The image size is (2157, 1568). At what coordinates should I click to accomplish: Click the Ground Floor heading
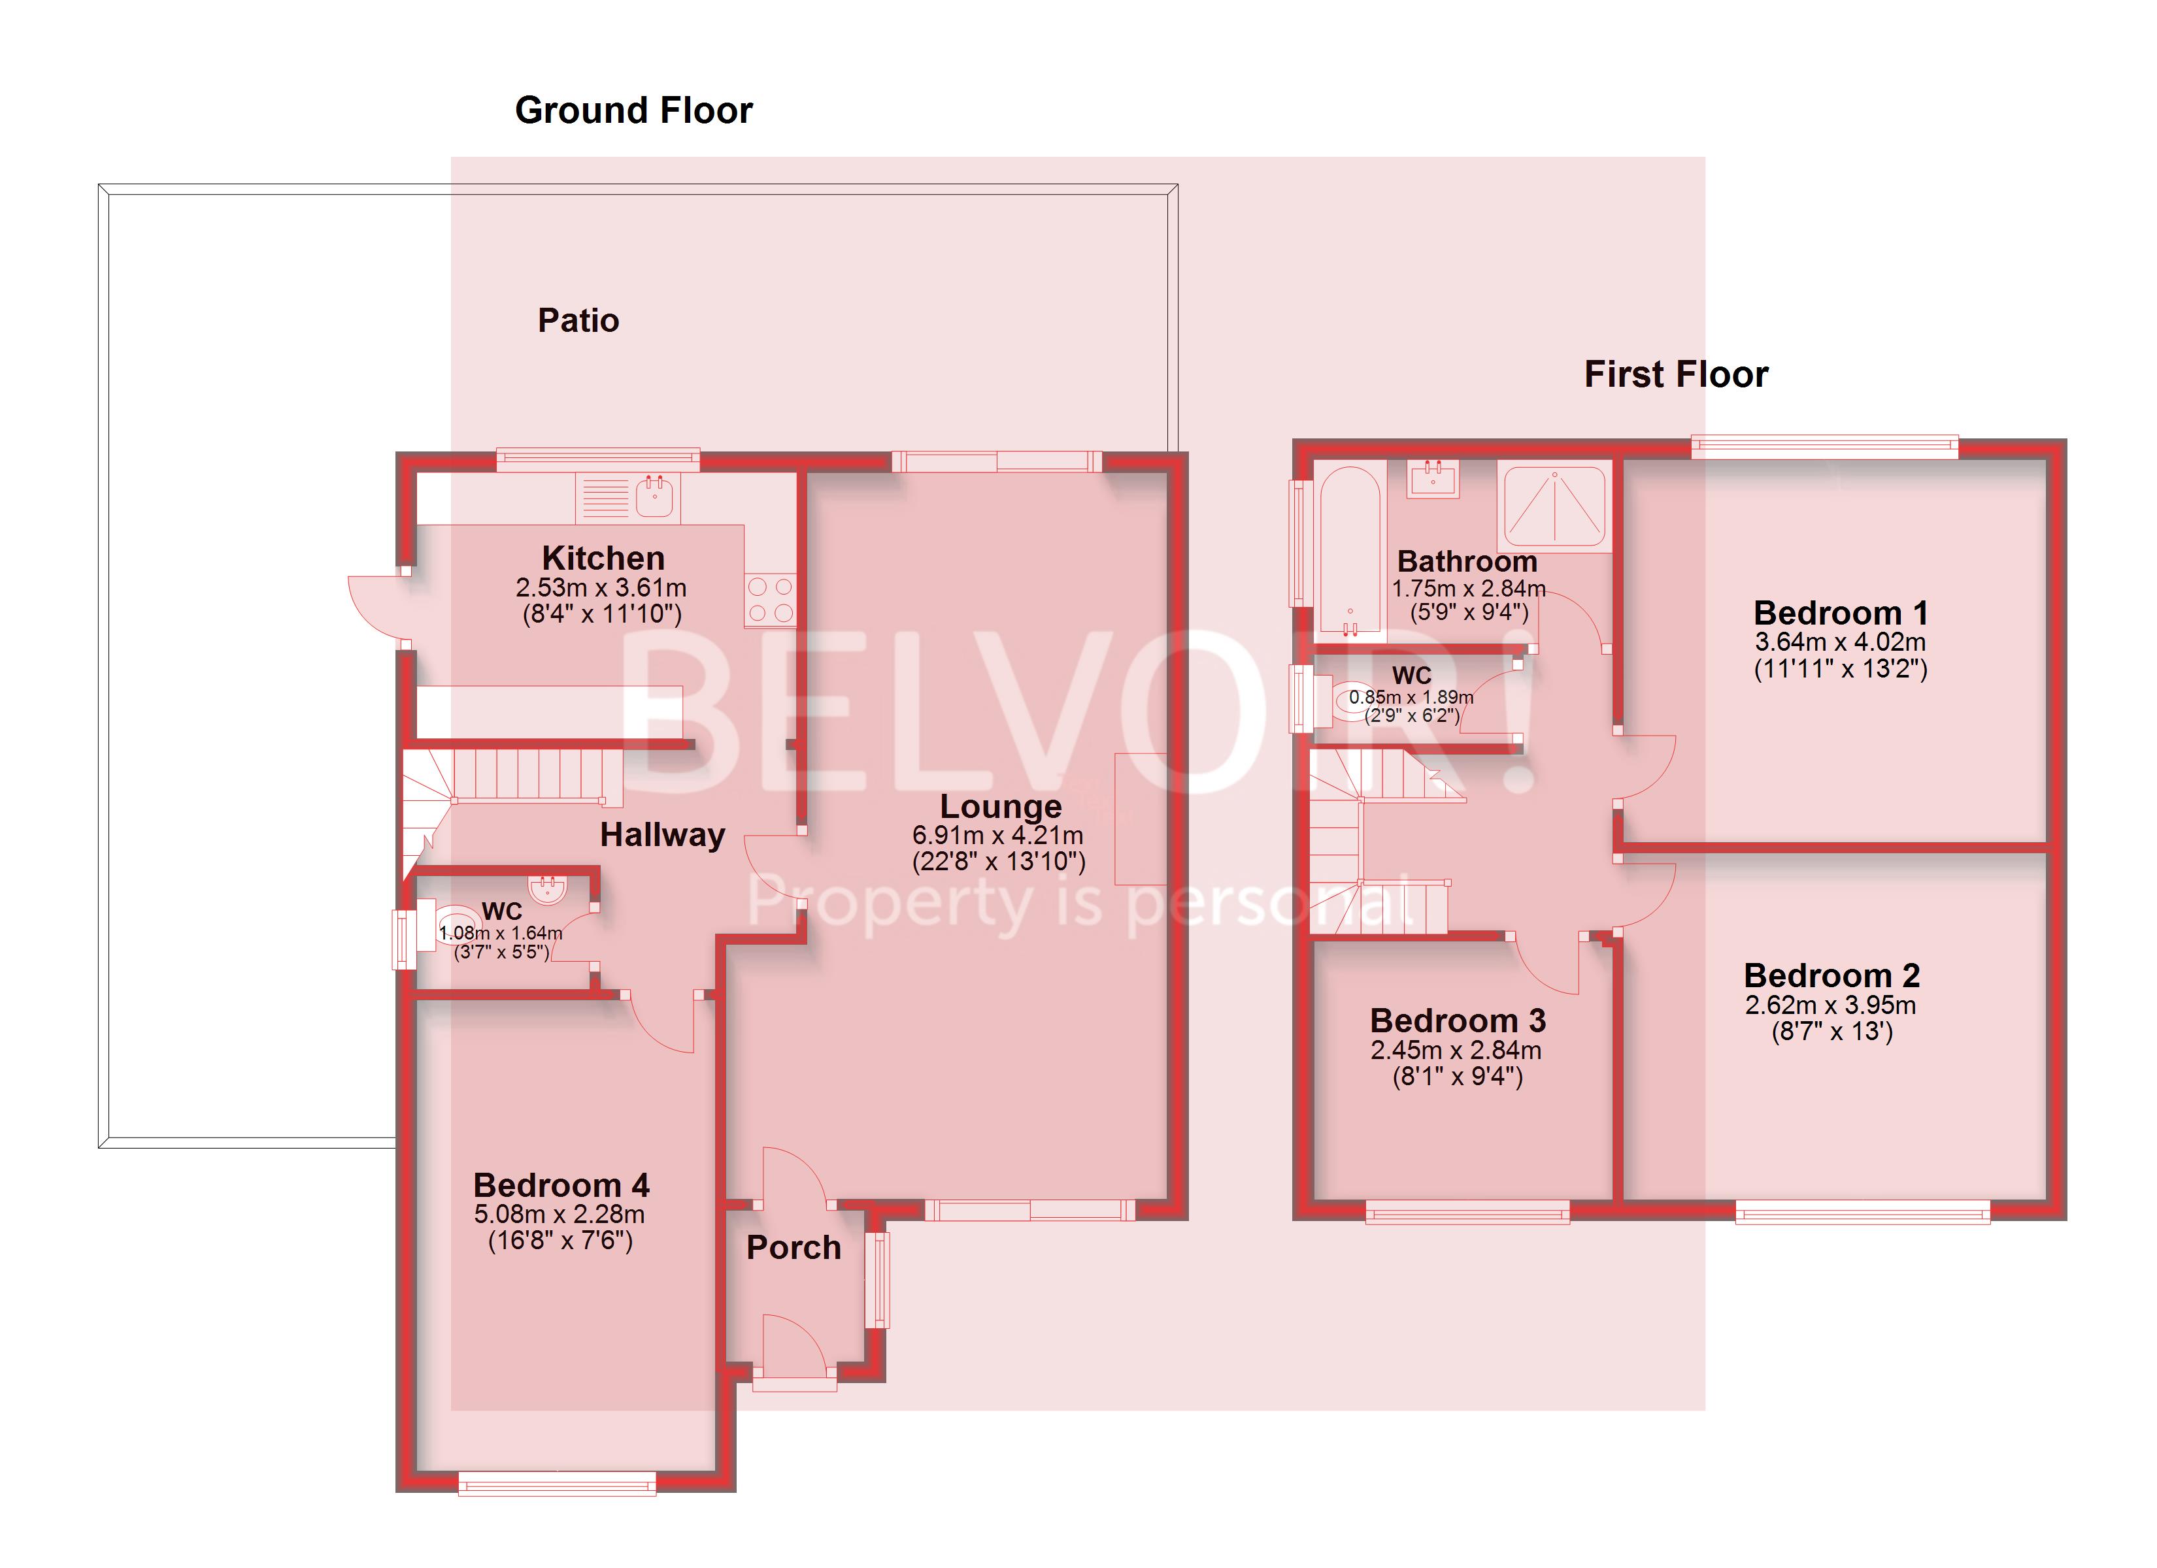pos(633,110)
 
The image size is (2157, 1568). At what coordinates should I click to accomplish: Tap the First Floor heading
pos(1676,374)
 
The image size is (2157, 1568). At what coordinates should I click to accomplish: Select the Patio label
pos(578,320)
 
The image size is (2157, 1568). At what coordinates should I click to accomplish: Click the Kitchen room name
pos(603,557)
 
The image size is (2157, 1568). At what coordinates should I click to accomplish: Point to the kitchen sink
pos(654,497)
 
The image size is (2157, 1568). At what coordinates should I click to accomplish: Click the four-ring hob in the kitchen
pos(771,599)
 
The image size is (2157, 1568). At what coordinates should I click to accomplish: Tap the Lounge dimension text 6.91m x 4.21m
pos(997,835)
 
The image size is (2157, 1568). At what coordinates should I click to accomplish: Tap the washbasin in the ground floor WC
pos(548,890)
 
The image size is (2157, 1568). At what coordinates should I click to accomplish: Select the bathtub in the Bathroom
pos(1350,549)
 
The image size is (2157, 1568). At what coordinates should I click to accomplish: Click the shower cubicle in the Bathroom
pos(1554,506)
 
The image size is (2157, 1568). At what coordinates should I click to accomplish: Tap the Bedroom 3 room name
pos(1457,1021)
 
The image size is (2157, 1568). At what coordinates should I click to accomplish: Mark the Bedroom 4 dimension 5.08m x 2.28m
pos(560,1215)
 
